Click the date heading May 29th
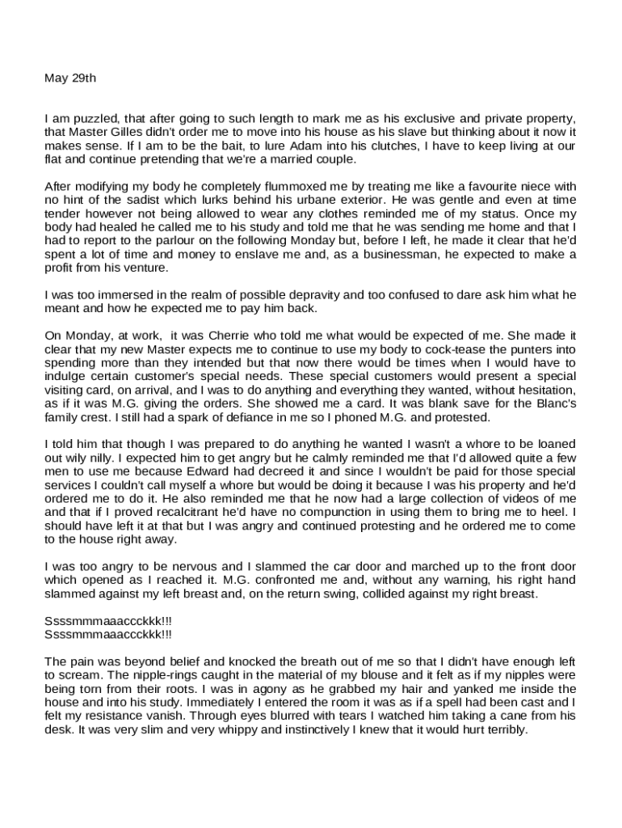click(x=69, y=78)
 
